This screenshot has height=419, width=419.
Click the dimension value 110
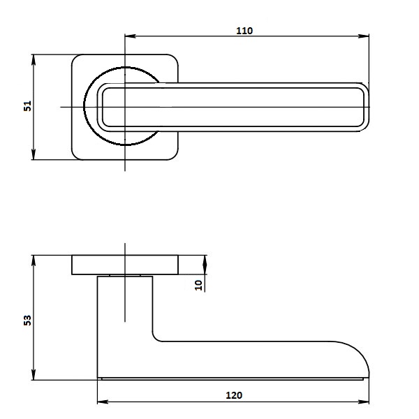tap(244, 31)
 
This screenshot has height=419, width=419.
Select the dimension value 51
tap(28, 106)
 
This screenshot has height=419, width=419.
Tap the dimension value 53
tap(28, 320)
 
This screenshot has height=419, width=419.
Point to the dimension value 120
tap(234, 395)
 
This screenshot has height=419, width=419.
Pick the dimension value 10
tap(199, 285)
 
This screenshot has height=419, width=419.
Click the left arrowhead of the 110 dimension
tap(131, 36)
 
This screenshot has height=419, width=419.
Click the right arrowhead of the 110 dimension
tap(363, 36)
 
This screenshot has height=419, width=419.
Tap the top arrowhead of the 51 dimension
tap(34, 60)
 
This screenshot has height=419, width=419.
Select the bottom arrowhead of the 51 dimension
tap(34, 154)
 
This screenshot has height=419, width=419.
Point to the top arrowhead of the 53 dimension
tap(34, 260)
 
